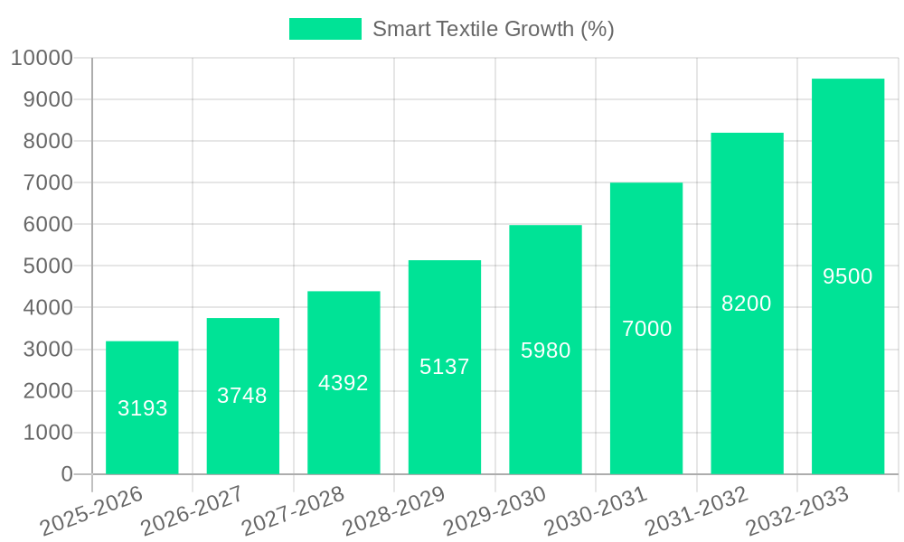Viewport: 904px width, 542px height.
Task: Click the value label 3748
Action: pyautogui.click(x=242, y=396)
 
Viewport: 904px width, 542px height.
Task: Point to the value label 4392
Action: pyautogui.click(x=344, y=383)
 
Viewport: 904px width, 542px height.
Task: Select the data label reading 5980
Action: pyautogui.click(x=545, y=350)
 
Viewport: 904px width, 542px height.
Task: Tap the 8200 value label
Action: pyautogui.click(x=747, y=304)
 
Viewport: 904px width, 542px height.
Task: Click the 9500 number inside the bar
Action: pyautogui.click(x=847, y=276)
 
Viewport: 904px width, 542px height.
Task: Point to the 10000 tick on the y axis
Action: pyautogui.click(x=42, y=59)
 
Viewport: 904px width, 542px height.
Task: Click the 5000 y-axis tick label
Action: pyautogui.click(x=47, y=266)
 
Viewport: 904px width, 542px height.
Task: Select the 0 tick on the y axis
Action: pyautogui.click(x=67, y=474)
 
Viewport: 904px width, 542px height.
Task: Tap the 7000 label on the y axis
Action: pyautogui.click(x=47, y=183)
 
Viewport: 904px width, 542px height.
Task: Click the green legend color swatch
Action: pyautogui.click(x=325, y=29)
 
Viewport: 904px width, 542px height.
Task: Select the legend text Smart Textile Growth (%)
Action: pyautogui.click(x=493, y=29)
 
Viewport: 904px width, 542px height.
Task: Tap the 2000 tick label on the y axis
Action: pyautogui.click(x=47, y=391)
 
